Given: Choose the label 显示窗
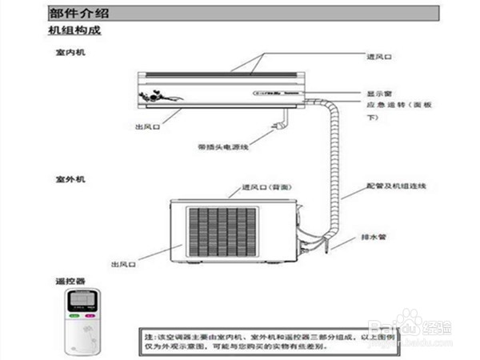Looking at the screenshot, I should coord(378,94).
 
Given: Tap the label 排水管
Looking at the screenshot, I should coord(371,237).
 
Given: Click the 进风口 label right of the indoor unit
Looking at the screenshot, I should coord(378,58).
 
